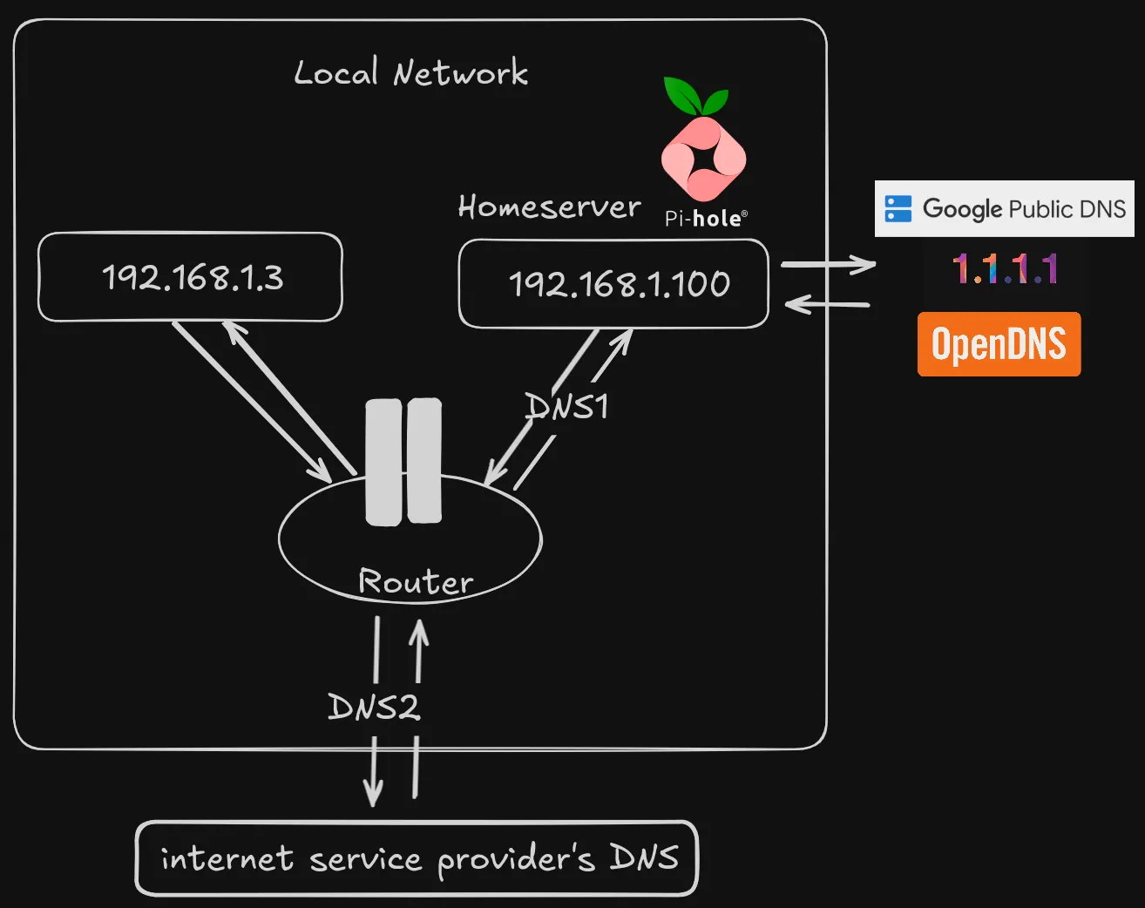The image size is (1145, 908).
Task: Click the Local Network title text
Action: (x=410, y=73)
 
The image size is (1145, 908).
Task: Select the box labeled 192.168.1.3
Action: (x=191, y=277)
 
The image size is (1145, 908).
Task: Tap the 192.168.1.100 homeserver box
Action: (x=614, y=284)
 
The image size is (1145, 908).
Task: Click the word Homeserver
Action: (x=549, y=207)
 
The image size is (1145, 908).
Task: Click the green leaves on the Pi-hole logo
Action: (x=694, y=97)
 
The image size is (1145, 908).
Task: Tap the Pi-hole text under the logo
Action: (x=705, y=219)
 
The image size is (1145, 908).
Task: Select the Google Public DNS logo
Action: (x=1005, y=209)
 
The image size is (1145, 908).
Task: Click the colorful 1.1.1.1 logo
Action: (x=1005, y=269)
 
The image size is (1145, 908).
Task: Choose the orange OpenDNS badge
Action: (x=999, y=344)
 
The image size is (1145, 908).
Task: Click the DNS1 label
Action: (x=567, y=407)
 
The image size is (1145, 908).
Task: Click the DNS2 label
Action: (x=374, y=707)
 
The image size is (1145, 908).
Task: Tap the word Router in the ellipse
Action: (x=416, y=581)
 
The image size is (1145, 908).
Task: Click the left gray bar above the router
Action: (x=383, y=462)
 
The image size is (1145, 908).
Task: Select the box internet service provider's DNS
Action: (x=417, y=858)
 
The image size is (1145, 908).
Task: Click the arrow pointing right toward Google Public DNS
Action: (x=828, y=264)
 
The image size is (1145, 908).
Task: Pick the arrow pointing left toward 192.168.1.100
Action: (x=828, y=304)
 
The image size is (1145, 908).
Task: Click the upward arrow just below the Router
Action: (x=419, y=649)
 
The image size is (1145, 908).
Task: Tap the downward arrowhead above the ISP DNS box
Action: (x=373, y=793)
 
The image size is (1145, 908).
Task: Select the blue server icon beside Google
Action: (x=898, y=209)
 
